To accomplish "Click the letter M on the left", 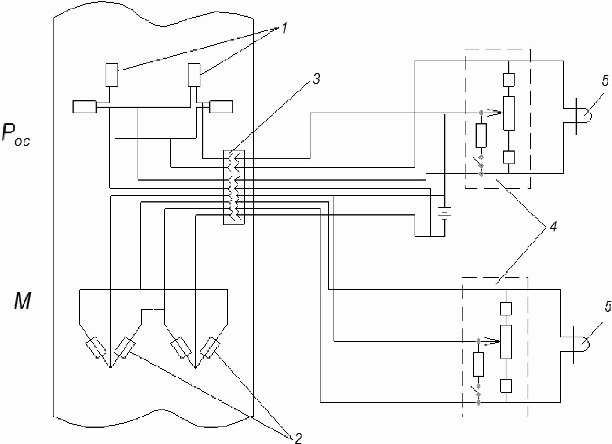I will [x=22, y=301].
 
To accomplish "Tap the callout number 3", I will [x=316, y=80].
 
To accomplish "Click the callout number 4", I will [x=553, y=227].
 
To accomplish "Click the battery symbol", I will [x=445, y=213].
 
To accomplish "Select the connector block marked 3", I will [x=234, y=187].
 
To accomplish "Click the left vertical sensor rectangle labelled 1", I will [x=112, y=75].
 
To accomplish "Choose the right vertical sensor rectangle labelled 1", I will [x=194, y=75].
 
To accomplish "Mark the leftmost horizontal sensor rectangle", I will [x=84, y=107].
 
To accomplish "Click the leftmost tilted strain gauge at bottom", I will [x=96, y=348].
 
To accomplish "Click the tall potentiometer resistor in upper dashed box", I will [x=508, y=113].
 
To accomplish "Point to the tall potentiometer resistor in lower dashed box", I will [x=506, y=341].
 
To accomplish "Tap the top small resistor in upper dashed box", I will [x=508, y=80].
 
